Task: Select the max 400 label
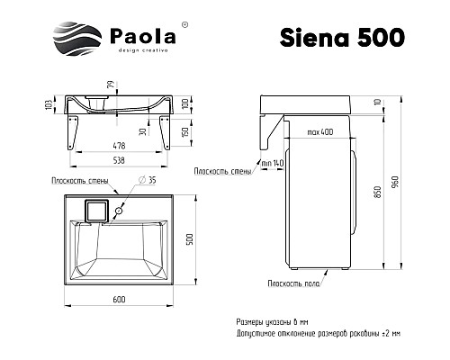(317, 132)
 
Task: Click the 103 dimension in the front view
(47, 105)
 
